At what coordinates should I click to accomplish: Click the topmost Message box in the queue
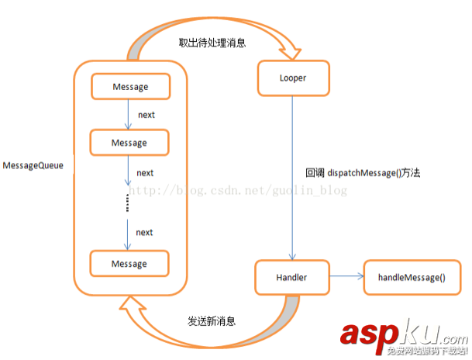[x=129, y=86]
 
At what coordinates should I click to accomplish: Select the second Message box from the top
[x=129, y=143]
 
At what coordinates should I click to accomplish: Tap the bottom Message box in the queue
[x=129, y=264]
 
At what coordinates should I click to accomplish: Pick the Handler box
[x=292, y=277]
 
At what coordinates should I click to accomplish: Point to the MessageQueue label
[x=33, y=166]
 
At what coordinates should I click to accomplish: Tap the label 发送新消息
[x=212, y=320]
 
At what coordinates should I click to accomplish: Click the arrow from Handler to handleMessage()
[x=346, y=277]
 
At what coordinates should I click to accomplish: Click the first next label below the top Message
[x=146, y=115]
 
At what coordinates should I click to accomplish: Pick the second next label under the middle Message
[x=144, y=172]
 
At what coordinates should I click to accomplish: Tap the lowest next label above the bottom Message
[x=144, y=232]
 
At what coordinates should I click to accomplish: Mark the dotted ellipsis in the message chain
[x=129, y=203]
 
